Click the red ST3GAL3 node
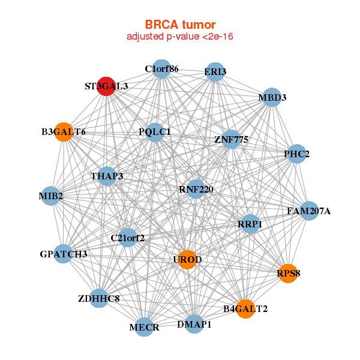point(106,86)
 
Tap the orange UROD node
point(187,259)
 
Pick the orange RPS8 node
point(288,274)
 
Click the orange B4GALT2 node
point(245,309)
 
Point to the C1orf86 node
point(161,69)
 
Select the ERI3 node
point(215,73)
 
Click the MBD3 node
point(272,98)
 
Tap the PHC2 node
point(296,154)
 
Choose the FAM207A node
point(308,211)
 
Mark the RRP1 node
point(250,224)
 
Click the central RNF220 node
point(196,190)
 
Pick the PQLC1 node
point(155,132)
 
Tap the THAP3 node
point(107,176)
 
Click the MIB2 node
point(51,196)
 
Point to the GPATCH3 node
point(64,254)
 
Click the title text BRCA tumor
point(180,25)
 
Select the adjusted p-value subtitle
point(180,37)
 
